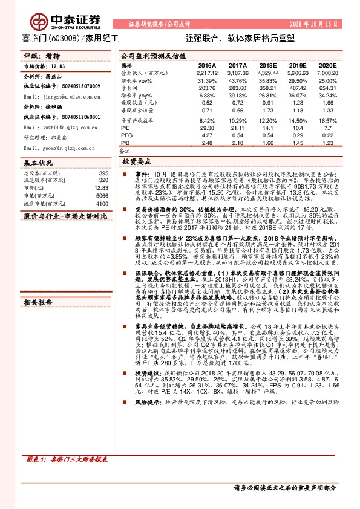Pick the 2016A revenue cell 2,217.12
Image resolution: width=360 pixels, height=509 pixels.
207,72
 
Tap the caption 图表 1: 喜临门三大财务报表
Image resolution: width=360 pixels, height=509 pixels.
64,459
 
